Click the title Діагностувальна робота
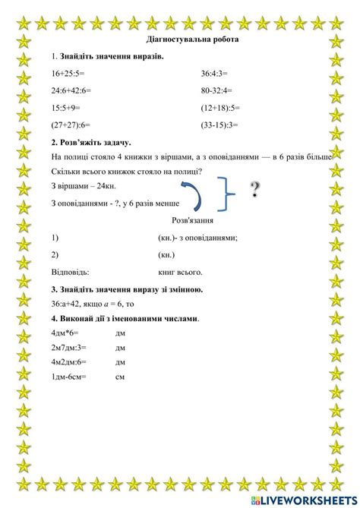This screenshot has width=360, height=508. click(x=180, y=39)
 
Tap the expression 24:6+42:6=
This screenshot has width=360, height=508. click(x=71, y=90)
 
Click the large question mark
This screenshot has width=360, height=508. click(x=255, y=190)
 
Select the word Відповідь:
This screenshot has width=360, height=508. click(x=70, y=271)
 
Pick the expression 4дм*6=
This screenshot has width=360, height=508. click(x=65, y=333)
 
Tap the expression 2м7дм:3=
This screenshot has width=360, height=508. click(x=69, y=348)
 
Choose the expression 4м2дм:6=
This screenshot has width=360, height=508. click(x=69, y=362)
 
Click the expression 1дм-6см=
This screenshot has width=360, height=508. click(x=69, y=377)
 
